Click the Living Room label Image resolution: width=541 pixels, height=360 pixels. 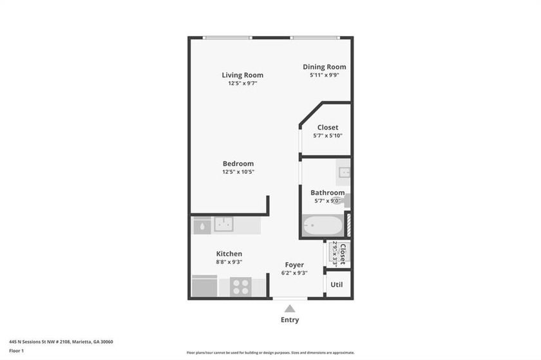pos(242,75)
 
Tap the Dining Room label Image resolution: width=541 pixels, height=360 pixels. pos(325,67)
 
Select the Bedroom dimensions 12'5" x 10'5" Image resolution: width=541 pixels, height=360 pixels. pos(238,172)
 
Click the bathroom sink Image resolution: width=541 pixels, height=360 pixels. pos(344,172)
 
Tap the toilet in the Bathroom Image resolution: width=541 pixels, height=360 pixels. pos(345,202)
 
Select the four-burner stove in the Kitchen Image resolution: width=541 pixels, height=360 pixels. pos(241,286)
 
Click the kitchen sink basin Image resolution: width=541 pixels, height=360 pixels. pos(223,224)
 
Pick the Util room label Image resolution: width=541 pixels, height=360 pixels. pos(336,284)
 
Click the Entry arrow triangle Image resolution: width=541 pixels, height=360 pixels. pos(290,308)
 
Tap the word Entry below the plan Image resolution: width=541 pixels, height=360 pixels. pos(290,320)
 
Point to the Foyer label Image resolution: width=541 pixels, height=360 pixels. pos(294,265)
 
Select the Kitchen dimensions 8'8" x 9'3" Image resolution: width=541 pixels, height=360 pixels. pos(229,263)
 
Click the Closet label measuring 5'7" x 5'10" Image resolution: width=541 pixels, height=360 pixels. pos(327,128)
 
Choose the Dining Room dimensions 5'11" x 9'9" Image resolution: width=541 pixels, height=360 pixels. pos(325,75)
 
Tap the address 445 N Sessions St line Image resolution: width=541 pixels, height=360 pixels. pos(57,342)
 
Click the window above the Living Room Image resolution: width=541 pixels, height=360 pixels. pos(227,38)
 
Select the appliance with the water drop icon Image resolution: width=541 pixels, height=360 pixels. pos(202,225)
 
